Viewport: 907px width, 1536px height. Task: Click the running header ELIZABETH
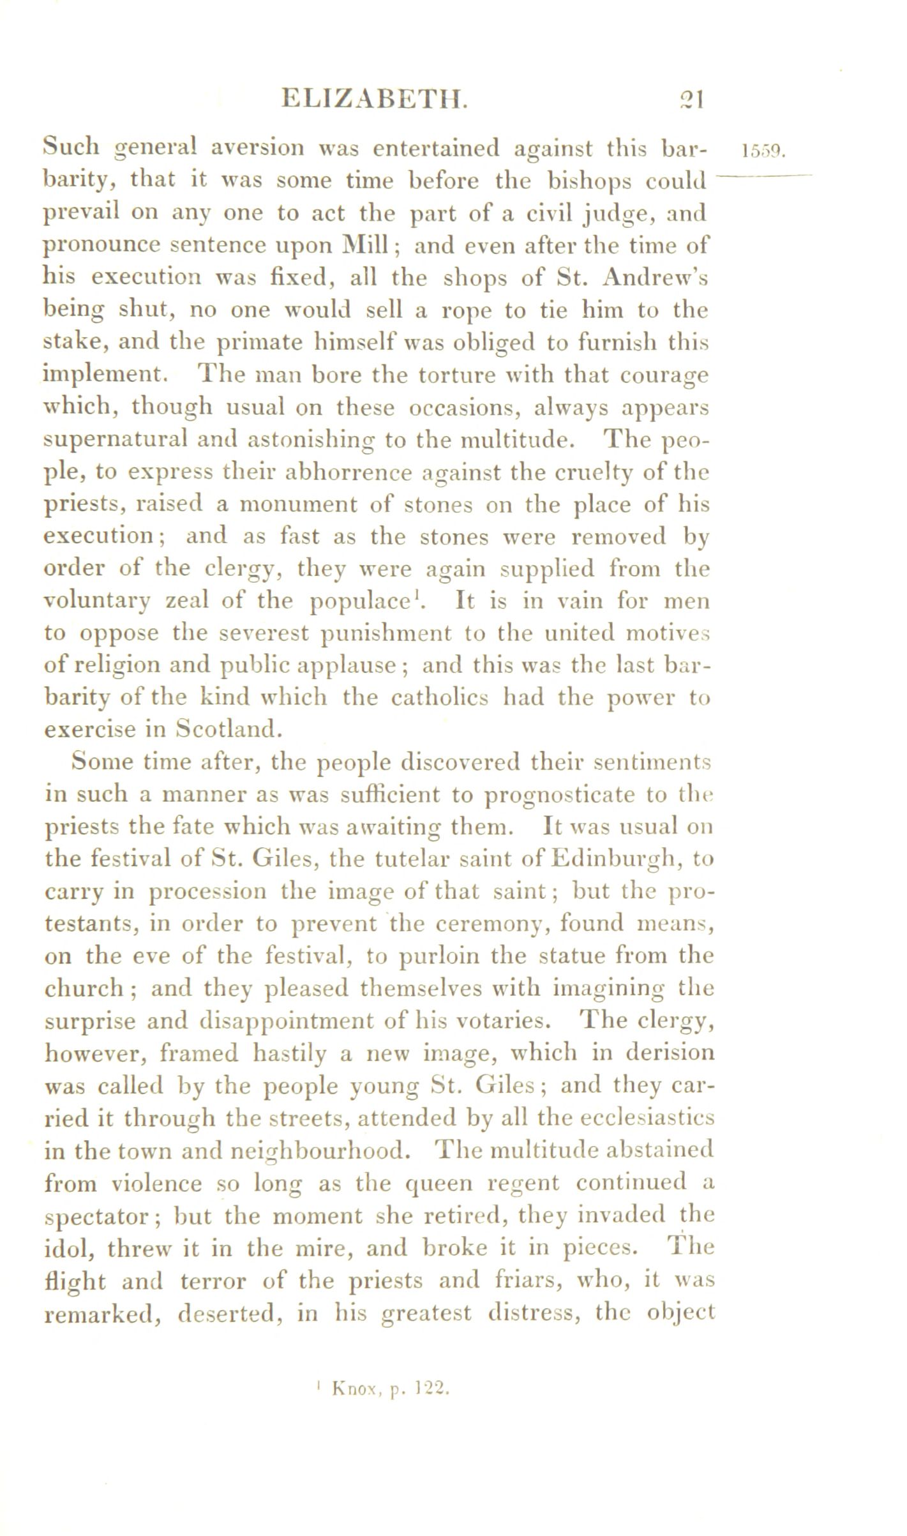[375, 100]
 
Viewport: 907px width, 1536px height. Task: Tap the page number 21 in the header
[691, 100]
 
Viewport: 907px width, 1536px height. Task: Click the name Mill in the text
[366, 245]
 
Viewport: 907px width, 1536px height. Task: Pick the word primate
[259, 343]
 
